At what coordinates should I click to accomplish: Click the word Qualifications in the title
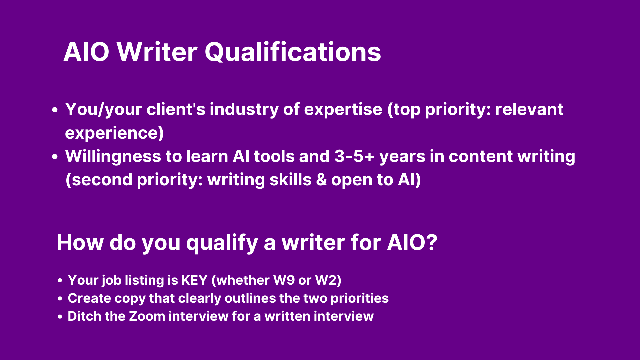point(293,53)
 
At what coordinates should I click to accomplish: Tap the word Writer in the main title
point(157,52)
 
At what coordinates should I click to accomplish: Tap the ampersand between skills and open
point(321,180)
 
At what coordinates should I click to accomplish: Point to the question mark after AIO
point(431,242)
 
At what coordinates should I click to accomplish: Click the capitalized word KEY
point(194,280)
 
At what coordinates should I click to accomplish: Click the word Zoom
point(147,316)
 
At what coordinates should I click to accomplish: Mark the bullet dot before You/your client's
point(55,110)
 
